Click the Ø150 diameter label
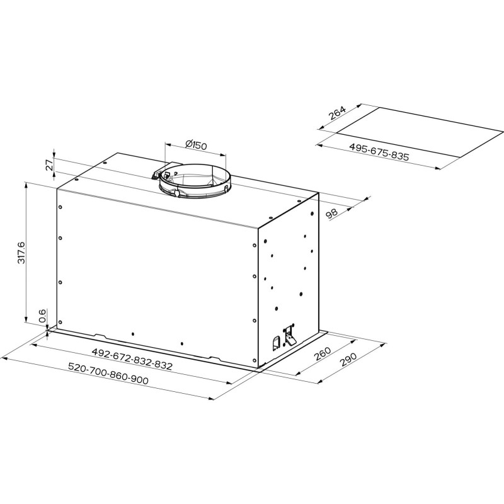tap(197, 146)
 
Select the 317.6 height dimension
tap(21, 252)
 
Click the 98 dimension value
tap(331, 212)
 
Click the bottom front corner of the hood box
tap(258, 369)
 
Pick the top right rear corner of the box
tap(319, 193)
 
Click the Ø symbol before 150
tap(188, 144)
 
